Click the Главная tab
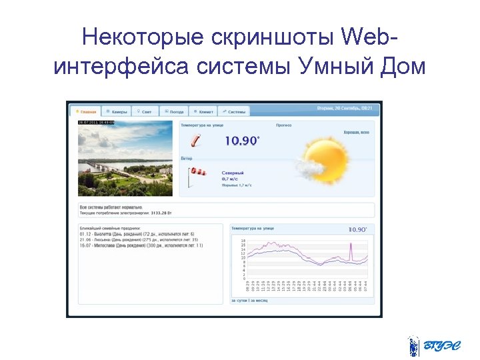coord(86,111)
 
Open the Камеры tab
coord(117,111)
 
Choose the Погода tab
coord(175,111)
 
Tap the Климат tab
coord(203,111)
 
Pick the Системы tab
coord(235,111)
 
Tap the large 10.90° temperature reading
coord(241,141)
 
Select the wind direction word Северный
coord(233,173)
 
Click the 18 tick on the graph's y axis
coord(243,241)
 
